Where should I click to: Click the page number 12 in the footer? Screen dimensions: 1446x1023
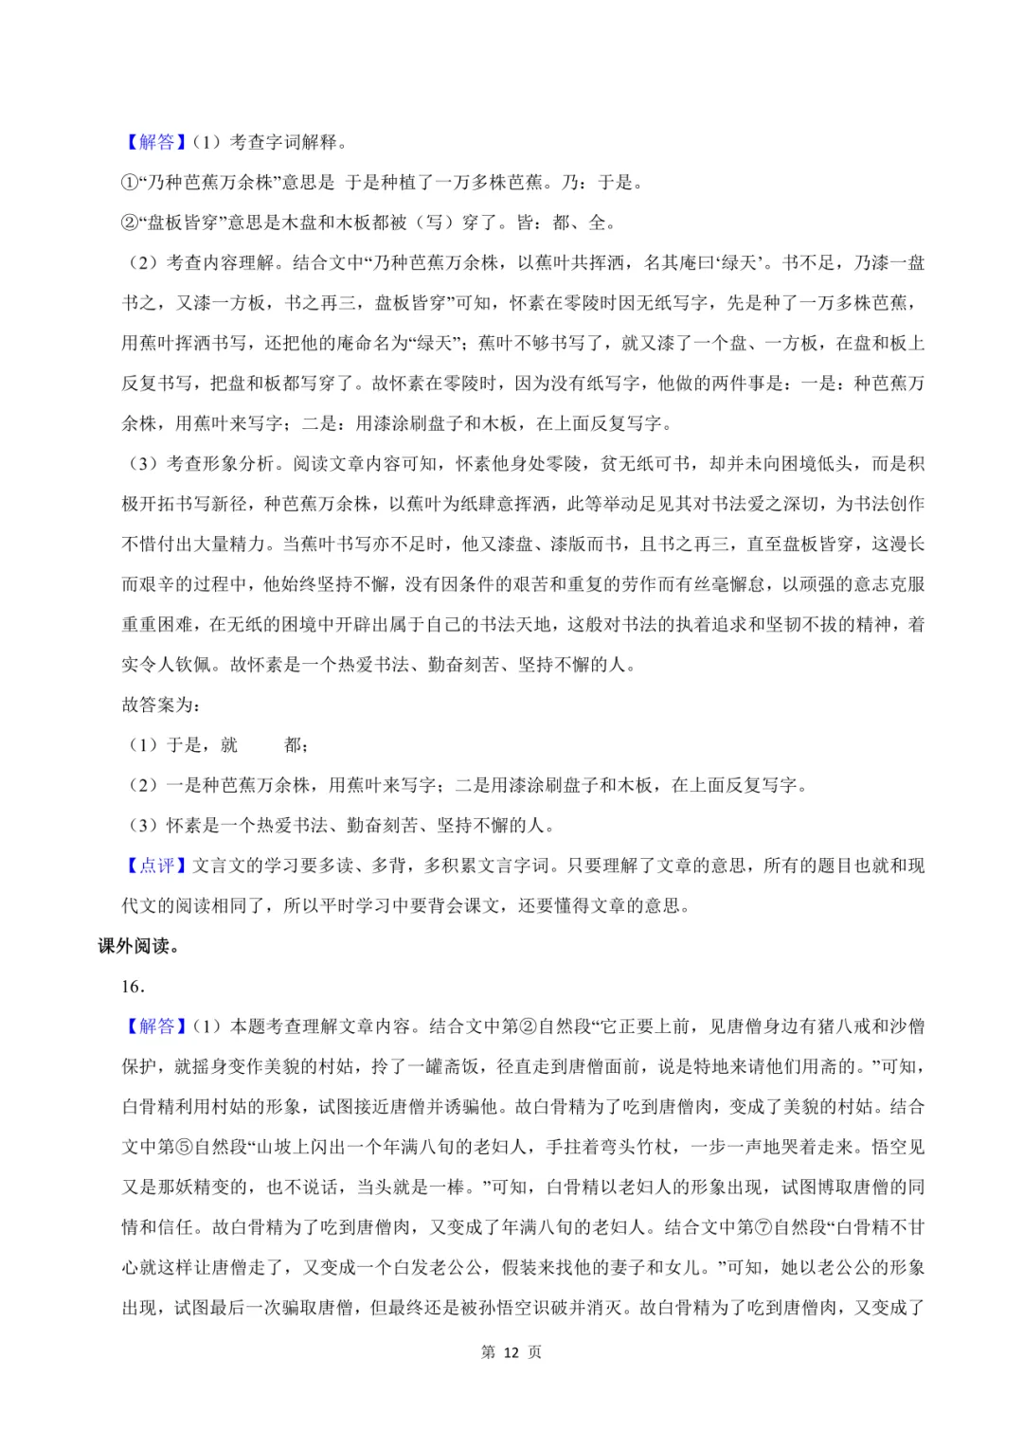[x=511, y=1352]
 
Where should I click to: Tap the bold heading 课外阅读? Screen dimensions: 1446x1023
[x=137, y=946]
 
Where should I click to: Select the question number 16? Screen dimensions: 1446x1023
[x=133, y=986]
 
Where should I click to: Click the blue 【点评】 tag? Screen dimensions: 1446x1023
[x=156, y=866]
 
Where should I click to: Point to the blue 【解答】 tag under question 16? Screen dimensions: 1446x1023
[x=156, y=1026]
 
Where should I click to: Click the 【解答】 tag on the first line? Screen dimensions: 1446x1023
[x=156, y=142]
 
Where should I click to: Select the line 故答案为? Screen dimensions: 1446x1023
[x=161, y=705]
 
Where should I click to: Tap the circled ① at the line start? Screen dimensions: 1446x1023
[x=130, y=183]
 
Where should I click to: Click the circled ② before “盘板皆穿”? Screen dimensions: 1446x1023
[x=130, y=223]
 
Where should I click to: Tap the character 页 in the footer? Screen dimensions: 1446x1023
[x=535, y=1352]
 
